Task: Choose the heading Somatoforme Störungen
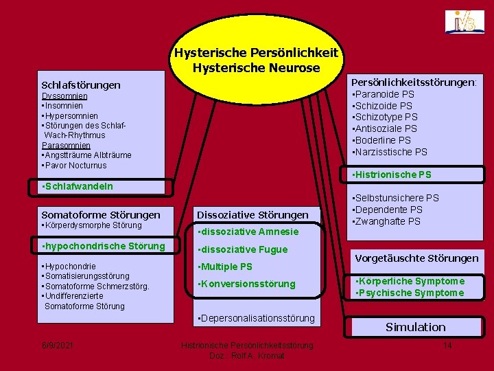pyautogui.click(x=101, y=214)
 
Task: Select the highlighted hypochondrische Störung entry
pyautogui.click(x=104, y=246)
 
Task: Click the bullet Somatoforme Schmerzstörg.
pyautogui.click(x=95, y=286)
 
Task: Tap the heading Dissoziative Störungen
pyautogui.click(x=252, y=214)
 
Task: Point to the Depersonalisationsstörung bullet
pyautogui.click(x=255, y=318)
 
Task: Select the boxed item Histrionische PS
pyautogui.click(x=392, y=175)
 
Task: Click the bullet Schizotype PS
pyautogui.click(x=385, y=117)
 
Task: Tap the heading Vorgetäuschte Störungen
pyautogui.click(x=416, y=258)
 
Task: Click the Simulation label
pyautogui.click(x=416, y=327)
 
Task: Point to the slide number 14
pyautogui.click(x=448, y=345)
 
